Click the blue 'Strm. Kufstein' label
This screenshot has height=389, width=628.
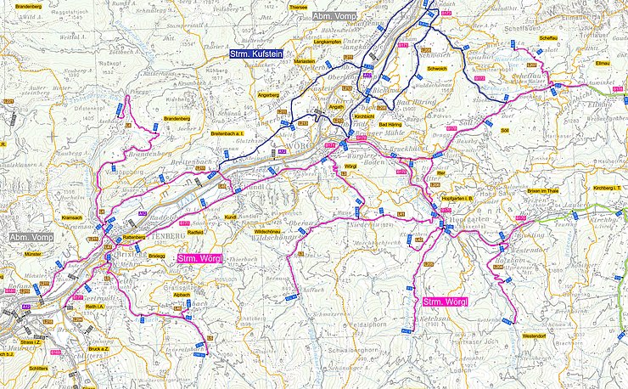click(x=255, y=54)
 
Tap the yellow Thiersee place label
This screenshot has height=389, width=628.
click(x=298, y=6)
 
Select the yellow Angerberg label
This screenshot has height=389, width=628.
click(x=268, y=95)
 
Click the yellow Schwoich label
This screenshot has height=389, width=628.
click(x=437, y=68)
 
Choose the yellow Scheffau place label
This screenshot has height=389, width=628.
click(x=548, y=38)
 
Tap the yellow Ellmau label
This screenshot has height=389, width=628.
click(x=603, y=64)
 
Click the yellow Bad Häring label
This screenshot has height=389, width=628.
click(x=401, y=124)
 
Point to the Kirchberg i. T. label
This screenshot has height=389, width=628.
click(x=608, y=187)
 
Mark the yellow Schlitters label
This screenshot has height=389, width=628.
click(x=38, y=369)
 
